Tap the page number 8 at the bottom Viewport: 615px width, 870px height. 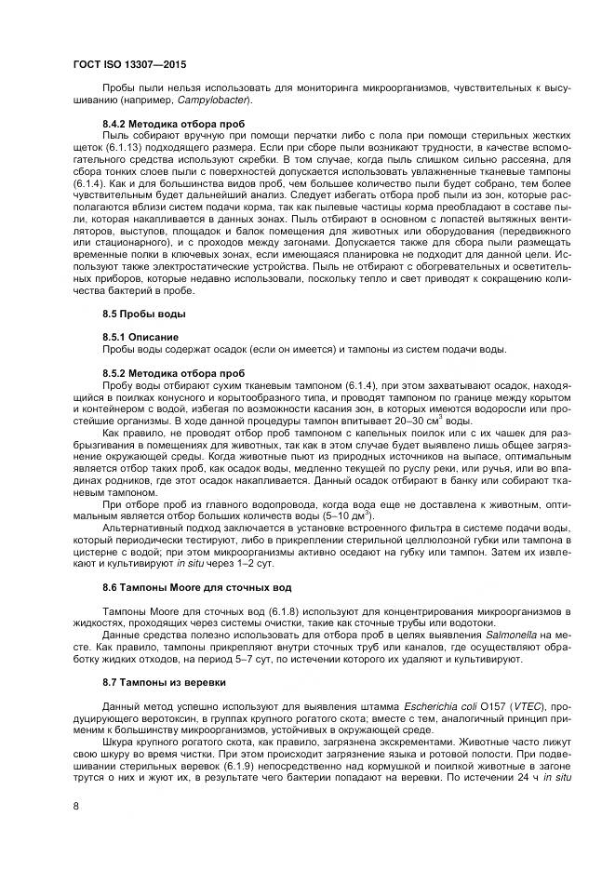75,805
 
